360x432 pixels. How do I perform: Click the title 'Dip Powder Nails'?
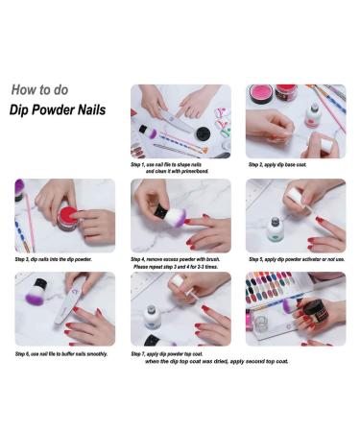click(58, 109)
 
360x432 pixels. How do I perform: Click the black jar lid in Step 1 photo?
click(203, 134)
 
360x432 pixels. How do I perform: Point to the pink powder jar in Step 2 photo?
click(260, 94)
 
